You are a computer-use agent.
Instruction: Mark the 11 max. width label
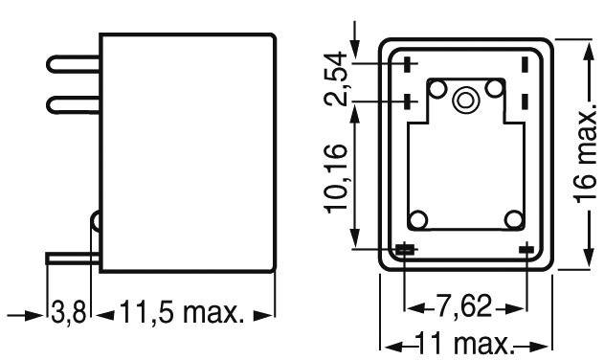tap(468, 342)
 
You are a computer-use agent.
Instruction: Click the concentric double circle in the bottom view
tap(467, 98)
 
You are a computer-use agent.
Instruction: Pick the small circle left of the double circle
tap(438, 90)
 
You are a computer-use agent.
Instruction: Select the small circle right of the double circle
tap(495, 90)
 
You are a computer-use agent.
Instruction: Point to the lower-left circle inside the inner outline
tap(418, 219)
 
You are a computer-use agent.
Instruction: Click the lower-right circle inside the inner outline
tap(514, 219)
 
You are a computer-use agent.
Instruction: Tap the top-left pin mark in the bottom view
tap(408, 65)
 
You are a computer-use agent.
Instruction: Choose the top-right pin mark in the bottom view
tap(526, 65)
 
